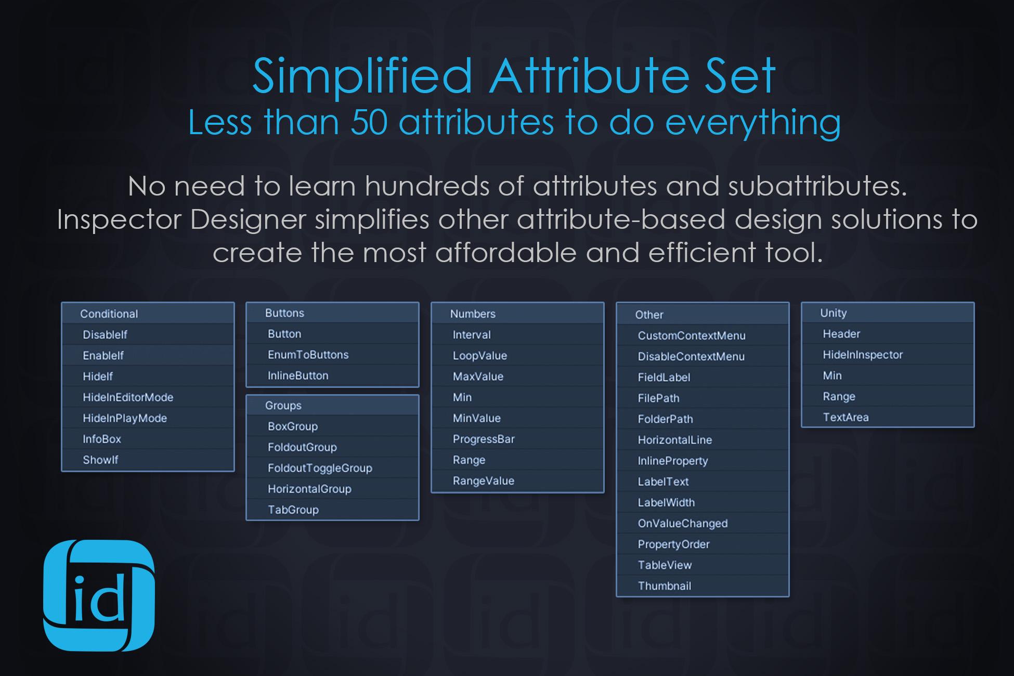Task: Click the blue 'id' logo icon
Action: point(99,595)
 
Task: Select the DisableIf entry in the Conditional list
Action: point(105,335)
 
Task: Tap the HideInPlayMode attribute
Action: point(125,418)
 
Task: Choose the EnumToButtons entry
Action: point(308,355)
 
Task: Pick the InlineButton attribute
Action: point(298,375)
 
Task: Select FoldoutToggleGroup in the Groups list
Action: point(320,468)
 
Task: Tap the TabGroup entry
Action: point(293,510)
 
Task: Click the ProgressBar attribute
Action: point(484,439)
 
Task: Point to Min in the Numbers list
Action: point(462,397)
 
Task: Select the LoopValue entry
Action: point(479,356)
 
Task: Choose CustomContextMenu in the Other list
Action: point(692,336)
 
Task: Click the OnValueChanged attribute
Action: point(683,523)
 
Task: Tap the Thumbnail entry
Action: point(665,586)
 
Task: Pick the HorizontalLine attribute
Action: point(675,440)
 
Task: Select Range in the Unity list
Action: point(839,396)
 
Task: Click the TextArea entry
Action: point(846,417)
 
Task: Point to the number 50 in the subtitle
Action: point(369,123)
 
